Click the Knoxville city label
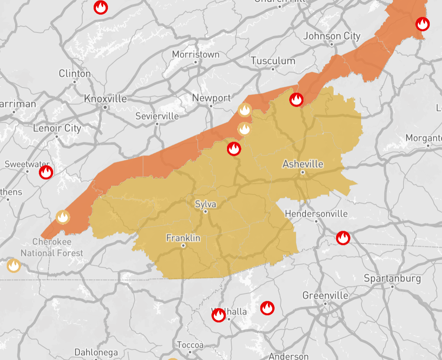coord(105,99)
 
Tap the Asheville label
coord(303,164)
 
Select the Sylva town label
coord(206,204)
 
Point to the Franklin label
coord(183,238)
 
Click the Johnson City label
coord(332,36)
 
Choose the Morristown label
coord(196,54)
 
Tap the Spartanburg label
coord(392,278)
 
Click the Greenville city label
coord(325,295)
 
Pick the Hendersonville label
coord(316,214)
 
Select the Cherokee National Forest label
coord(52,247)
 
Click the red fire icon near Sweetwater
coord(46,172)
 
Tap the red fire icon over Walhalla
coord(219,315)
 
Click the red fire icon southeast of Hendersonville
coord(343,238)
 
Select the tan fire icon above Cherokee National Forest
coord(63,217)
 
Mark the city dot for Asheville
coord(302,172)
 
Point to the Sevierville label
coord(157,116)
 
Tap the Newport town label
coord(211,98)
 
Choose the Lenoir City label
coord(57,128)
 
